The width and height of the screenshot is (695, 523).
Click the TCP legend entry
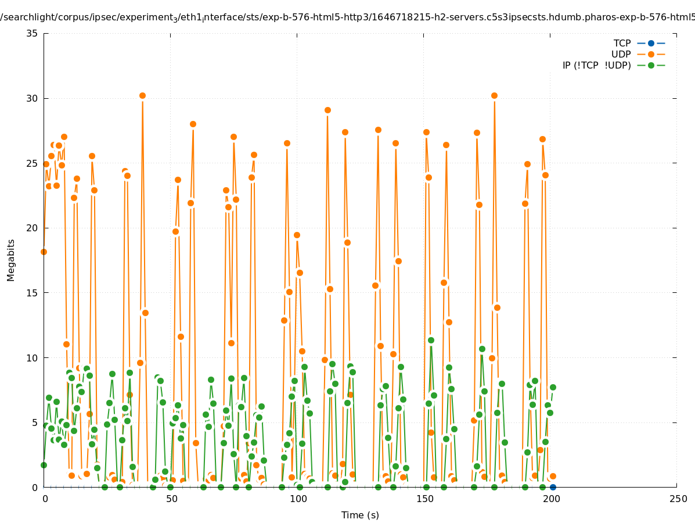point(622,43)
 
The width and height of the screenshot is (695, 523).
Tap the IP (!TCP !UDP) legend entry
point(596,65)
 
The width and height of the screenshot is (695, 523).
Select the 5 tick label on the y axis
point(34,422)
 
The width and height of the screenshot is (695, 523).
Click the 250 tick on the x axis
point(677,499)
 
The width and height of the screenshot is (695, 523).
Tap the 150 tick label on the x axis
point(424,499)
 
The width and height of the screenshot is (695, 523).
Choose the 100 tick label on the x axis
point(297,499)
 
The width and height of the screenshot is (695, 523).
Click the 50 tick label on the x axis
point(171,499)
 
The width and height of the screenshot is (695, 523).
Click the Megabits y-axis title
point(11,260)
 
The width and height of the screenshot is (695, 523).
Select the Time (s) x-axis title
point(360,515)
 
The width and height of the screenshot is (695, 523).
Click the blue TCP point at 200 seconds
point(553,487)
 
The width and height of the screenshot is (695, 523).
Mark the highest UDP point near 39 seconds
point(142,95)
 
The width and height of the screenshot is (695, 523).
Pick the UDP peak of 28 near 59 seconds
point(193,124)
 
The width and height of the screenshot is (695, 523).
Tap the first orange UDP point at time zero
point(44,252)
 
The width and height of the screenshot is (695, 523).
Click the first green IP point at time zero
point(44,465)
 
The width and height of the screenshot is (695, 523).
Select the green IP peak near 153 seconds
point(431,340)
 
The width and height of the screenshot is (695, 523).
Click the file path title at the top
point(347,17)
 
